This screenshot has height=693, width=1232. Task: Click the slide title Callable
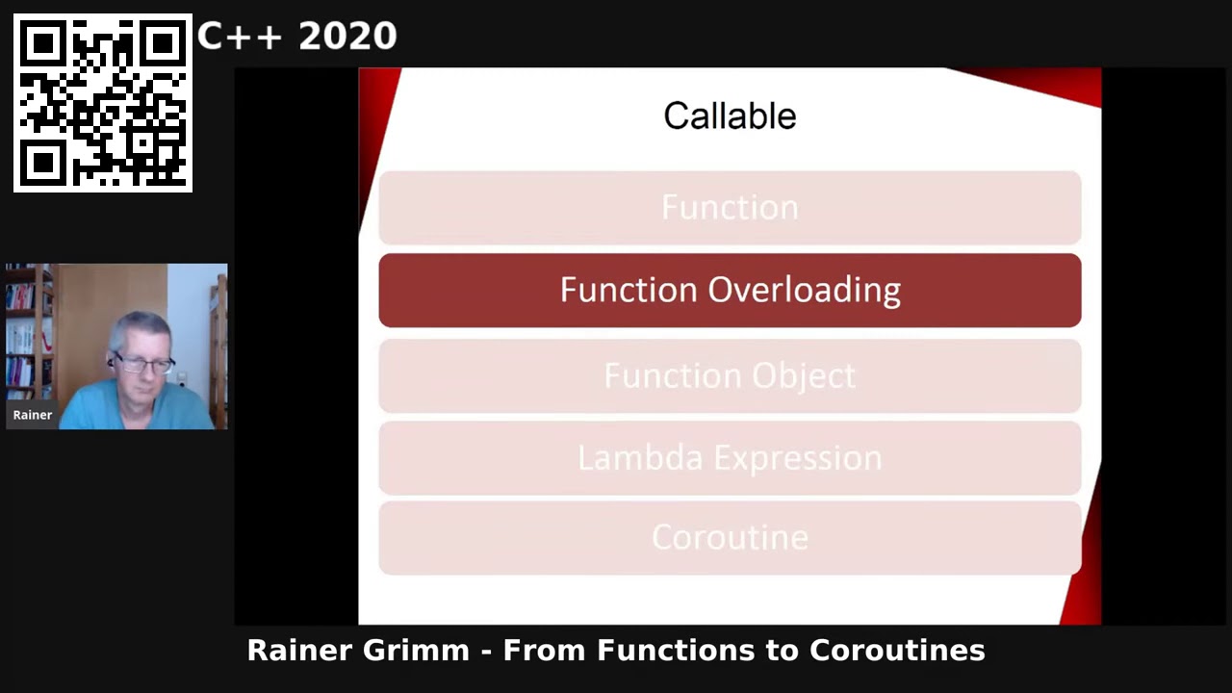click(x=730, y=116)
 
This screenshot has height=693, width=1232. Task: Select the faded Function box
click(x=730, y=208)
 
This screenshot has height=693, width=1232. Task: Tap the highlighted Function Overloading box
click(x=730, y=291)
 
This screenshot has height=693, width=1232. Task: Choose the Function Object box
click(x=730, y=375)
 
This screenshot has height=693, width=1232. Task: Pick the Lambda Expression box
click(x=730, y=458)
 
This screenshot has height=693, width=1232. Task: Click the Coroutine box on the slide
click(x=730, y=537)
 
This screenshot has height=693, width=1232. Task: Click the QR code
click(x=103, y=103)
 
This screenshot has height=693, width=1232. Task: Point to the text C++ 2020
click(x=296, y=37)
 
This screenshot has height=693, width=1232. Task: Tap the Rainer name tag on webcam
click(x=33, y=415)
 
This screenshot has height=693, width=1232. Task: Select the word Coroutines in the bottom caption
click(x=897, y=651)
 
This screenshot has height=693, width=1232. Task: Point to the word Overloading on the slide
click(x=805, y=291)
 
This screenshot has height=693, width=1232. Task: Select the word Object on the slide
click(x=804, y=375)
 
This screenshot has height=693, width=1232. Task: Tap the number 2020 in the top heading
click(x=347, y=37)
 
